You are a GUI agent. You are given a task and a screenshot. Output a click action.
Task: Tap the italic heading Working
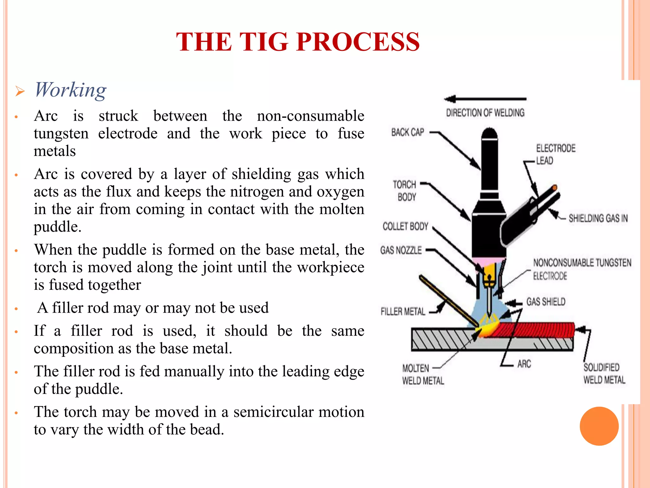(70, 90)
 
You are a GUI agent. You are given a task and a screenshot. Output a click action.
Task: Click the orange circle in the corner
(599, 426)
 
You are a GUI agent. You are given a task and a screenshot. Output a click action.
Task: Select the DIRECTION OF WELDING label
(485, 113)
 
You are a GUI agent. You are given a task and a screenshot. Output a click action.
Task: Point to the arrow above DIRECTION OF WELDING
(485, 99)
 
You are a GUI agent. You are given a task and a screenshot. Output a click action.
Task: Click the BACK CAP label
(408, 132)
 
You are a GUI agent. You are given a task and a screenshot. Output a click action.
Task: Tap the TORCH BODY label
(405, 191)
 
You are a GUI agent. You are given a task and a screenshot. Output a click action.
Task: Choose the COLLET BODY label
(405, 226)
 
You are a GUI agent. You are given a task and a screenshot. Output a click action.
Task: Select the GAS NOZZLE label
(401, 250)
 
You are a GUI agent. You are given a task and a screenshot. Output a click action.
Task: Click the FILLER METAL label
(403, 312)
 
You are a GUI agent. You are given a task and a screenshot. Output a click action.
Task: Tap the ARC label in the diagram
(524, 364)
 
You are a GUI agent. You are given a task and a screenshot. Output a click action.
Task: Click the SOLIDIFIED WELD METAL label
(604, 374)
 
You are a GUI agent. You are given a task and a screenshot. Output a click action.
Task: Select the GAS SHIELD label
(546, 302)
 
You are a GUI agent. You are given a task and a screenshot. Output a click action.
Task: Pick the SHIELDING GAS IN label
(598, 218)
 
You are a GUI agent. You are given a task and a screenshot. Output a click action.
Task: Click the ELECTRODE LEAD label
(555, 154)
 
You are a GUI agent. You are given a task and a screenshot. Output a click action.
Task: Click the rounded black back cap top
(489, 133)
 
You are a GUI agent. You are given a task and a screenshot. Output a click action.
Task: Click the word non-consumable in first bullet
(310, 116)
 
